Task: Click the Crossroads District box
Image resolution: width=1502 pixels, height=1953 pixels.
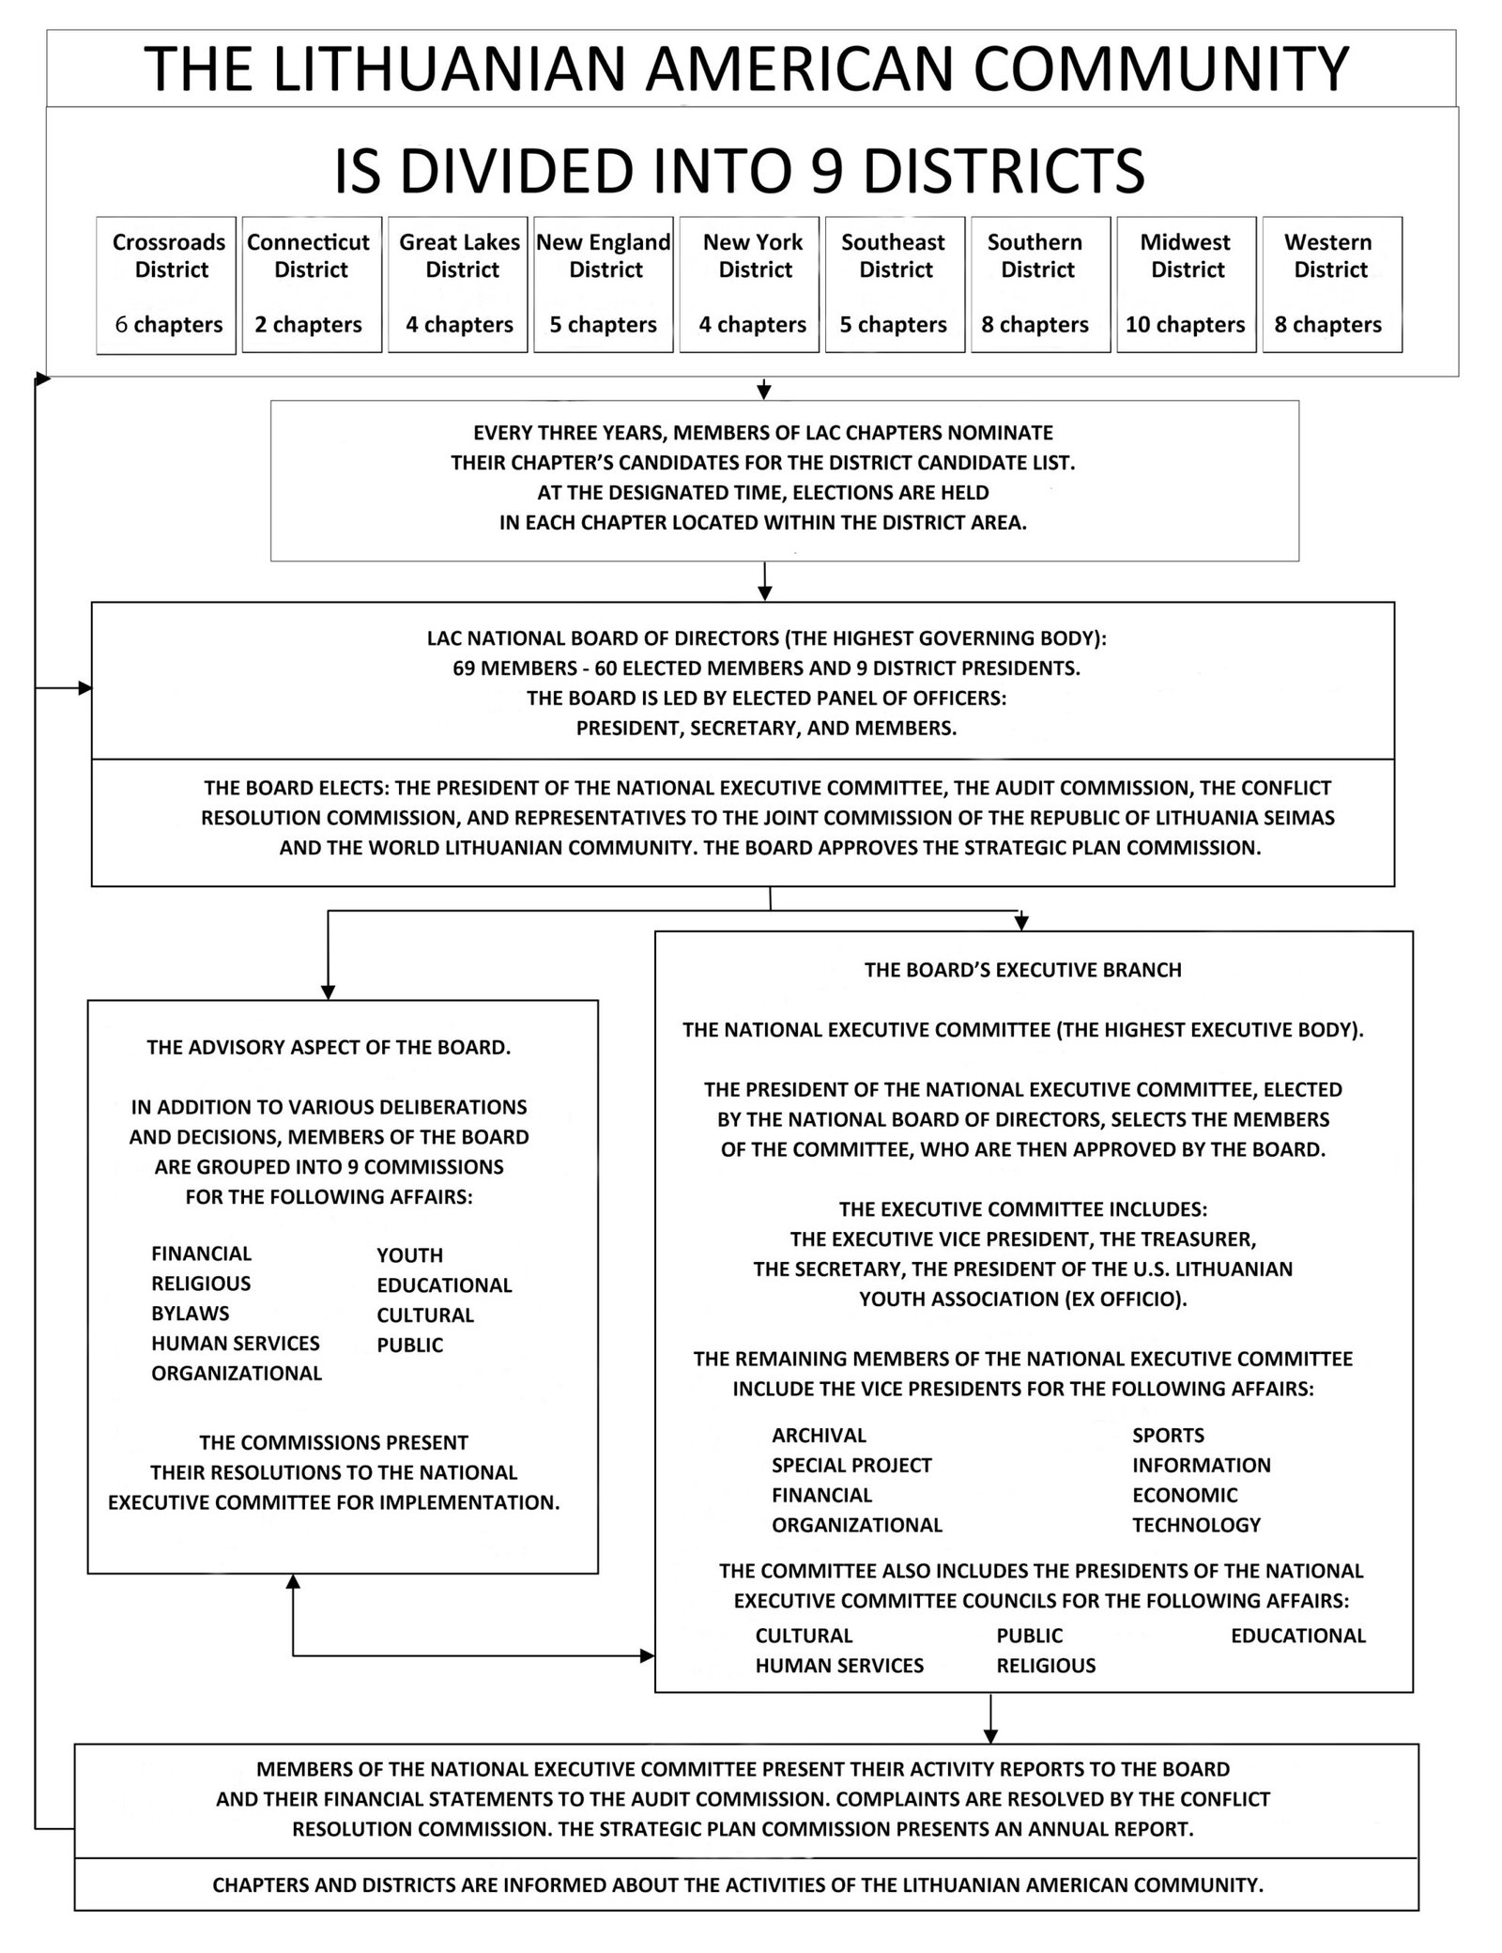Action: pyautogui.click(x=166, y=284)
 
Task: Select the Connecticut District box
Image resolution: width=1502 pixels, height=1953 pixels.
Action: pyautogui.click(x=312, y=284)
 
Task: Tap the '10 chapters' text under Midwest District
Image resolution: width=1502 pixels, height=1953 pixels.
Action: pyautogui.click(x=1185, y=325)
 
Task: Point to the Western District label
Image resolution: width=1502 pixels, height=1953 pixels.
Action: pyautogui.click(x=1329, y=256)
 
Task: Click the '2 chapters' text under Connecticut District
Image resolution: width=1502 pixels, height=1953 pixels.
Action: pyautogui.click(x=309, y=325)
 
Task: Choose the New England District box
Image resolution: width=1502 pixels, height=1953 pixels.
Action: pyautogui.click(x=604, y=284)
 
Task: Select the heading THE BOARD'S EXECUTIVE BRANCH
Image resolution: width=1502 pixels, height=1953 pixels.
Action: pyautogui.click(x=1022, y=970)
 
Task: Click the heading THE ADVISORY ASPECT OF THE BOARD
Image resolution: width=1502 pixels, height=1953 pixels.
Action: pyautogui.click(x=329, y=1048)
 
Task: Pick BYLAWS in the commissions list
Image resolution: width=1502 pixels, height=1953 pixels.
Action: pyautogui.click(x=191, y=1314)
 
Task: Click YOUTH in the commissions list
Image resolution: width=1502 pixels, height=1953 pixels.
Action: pyautogui.click(x=410, y=1255)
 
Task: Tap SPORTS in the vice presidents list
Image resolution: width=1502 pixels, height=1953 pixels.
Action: pyautogui.click(x=1168, y=1435)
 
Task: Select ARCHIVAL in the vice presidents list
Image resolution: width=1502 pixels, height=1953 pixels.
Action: pyautogui.click(x=819, y=1435)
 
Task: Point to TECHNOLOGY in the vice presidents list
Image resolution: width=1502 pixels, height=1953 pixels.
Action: pyautogui.click(x=1196, y=1525)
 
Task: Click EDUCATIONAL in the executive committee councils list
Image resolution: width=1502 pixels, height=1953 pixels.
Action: pyautogui.click(x=1297, y=1636)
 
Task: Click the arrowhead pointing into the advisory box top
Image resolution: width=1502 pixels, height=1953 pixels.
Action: pyautogui.click(x=328, y=992)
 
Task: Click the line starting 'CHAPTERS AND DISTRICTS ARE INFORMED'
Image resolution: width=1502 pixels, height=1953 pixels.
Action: pyautogui.click(x=737, y=1884)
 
